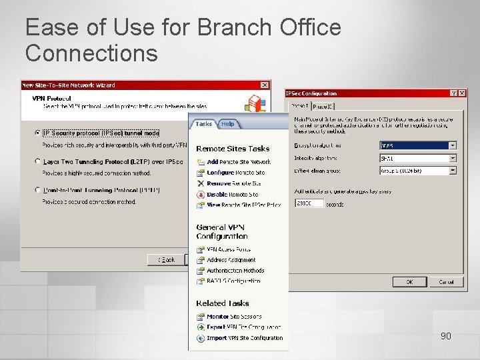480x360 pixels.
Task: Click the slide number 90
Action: pyautogui.click(x=445, y=336)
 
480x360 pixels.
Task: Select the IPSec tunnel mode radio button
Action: pyautogui.click(x=37, y=133)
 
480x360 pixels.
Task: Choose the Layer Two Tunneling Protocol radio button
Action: pyautogui.click(x=37, y=161)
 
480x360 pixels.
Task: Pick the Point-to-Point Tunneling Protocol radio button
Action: pyautogui.click(x=37, y=190)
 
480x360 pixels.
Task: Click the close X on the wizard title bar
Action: pyautogui.click(x=265, y=85)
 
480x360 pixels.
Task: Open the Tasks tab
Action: pyautogui.click(x=204, y=124)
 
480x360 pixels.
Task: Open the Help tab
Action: pyautogui.click(x=228, y=124)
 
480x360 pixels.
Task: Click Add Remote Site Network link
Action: pyautogui.click(x=238, y=162)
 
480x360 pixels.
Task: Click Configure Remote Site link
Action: pyautogui.click(x=235, y=173)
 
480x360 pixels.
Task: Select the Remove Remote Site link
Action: pyautogui.click(x=233, y=183)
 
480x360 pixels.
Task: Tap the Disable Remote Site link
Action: pyautogui.click(x=232, y=195)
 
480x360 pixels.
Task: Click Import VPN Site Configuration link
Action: pyautogui.click(x=244, y=338)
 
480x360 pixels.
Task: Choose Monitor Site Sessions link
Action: pyautogui.click(x=233, y=317)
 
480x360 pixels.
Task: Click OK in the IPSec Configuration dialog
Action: pyautogui.click(x=409, y=282)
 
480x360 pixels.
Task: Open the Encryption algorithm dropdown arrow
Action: pyautogui.click(x=453, y=145)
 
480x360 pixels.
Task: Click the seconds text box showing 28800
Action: pyautogui.click(x=309, y=203)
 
